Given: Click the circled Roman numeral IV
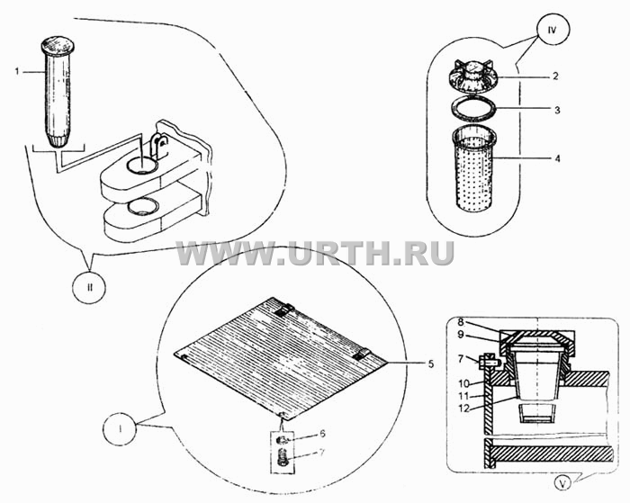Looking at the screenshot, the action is click(552, 30).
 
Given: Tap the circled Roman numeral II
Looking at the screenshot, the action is click(90, 287).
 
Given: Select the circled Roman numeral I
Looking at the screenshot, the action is click(120, 429).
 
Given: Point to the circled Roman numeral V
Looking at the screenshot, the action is click(562, 484).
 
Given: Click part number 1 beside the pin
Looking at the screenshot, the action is click(17, 72).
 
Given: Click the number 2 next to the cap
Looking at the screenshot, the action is click(555, 76).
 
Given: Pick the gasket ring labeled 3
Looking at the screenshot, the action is click(474, 109).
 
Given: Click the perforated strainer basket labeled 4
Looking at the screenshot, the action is click(474, 170).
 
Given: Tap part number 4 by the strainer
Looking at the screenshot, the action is click(557, 158).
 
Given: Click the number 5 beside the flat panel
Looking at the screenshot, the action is click(430, 364).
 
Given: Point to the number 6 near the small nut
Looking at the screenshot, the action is click(322, 434).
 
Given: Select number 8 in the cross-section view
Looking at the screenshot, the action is click(461, 322).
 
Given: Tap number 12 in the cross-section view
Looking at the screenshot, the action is click(463, 409).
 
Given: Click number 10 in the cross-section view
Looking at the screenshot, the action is click(463, 383).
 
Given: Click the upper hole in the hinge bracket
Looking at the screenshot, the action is click(142, 166).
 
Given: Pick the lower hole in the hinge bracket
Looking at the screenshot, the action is click(142, 206).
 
